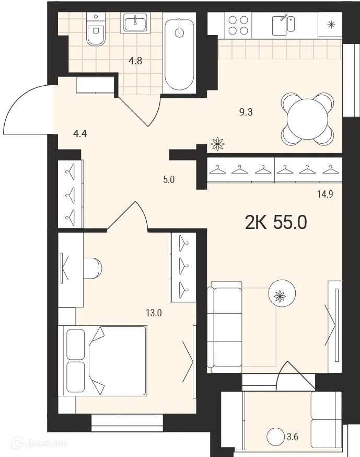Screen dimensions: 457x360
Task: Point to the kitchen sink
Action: coord(284,24)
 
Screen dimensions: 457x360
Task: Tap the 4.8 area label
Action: coord(136,60)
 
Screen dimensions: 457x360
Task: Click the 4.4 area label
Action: coord(79,133)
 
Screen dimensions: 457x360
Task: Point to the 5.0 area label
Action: coord(168,180)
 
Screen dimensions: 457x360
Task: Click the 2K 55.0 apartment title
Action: coord(275,223)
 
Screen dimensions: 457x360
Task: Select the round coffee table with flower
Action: coord(281,295)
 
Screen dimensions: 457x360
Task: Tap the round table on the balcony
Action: coord(275,436)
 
